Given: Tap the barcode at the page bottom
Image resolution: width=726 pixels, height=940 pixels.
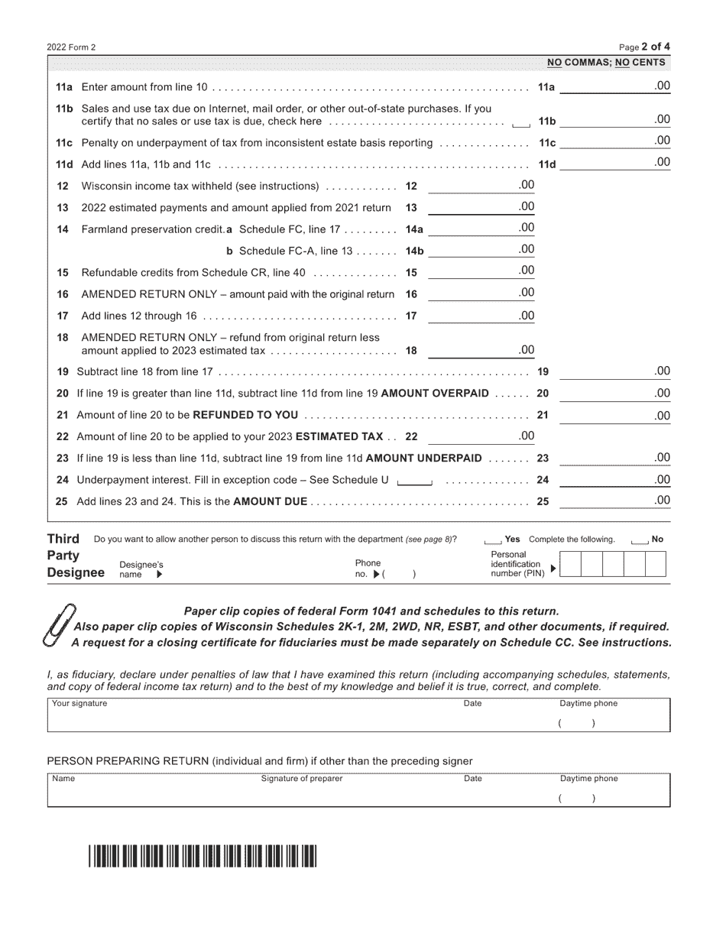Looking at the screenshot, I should (x=202, y=857).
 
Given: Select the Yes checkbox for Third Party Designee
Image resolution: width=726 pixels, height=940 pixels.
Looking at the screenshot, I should (x=493, y=540).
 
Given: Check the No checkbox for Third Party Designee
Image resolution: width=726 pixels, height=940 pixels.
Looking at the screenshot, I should (x=640, y=540).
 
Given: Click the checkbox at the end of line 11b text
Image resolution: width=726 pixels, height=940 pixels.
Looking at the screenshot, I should (x=521, y=123).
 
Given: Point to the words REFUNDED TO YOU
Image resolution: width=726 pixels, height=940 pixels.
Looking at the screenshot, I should (x=245, y=415).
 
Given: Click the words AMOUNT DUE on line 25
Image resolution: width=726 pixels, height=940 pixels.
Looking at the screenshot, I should (x=270, y=502).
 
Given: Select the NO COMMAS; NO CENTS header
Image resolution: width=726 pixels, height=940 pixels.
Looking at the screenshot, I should (x=606, y=63).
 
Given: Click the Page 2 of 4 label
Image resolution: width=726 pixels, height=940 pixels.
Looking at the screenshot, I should (x=643, y=47).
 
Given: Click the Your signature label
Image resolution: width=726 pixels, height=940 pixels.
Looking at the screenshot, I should (x=79, y=704).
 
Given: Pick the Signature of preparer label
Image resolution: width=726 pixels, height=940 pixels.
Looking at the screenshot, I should (x=302, y=779).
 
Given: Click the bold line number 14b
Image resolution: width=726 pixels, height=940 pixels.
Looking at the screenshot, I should (x=414, y=251).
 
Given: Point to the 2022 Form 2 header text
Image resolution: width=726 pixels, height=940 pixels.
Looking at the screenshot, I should (x=72, y=47).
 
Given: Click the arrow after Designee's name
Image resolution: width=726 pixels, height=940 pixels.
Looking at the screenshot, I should (x=160, y=575).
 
